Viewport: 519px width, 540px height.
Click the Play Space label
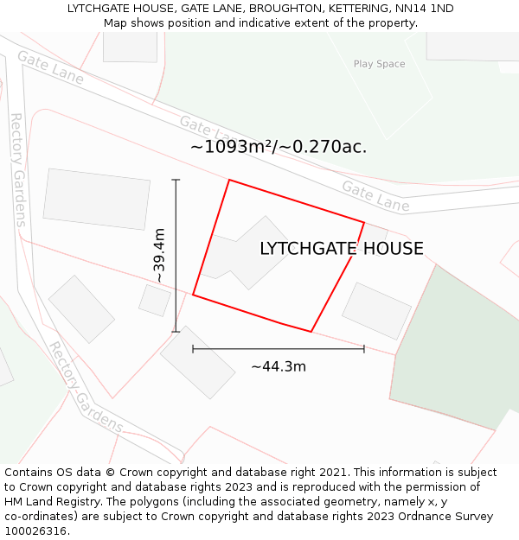[x=379, y=64]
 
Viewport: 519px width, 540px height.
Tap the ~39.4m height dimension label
[x=159, y=255]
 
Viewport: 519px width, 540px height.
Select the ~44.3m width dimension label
[x=279, y=366]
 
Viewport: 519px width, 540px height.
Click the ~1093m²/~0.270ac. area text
[x=279, y=147]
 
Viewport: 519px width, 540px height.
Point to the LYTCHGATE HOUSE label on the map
[x=342, y=249]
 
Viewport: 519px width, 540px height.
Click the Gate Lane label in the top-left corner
[x=50, y=68]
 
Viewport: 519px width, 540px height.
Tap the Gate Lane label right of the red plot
[x=375, y=196]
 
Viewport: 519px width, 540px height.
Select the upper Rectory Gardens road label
[x=17, y=169]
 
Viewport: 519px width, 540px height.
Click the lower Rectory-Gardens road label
[x=85, y=388]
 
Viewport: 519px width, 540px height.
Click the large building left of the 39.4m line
[x=96, y=199]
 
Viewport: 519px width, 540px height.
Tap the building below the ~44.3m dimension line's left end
[x=197, y=362]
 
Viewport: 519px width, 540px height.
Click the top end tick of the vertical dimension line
[x=176, y=180]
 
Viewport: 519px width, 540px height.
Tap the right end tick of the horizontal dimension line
[x=364, y=349]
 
